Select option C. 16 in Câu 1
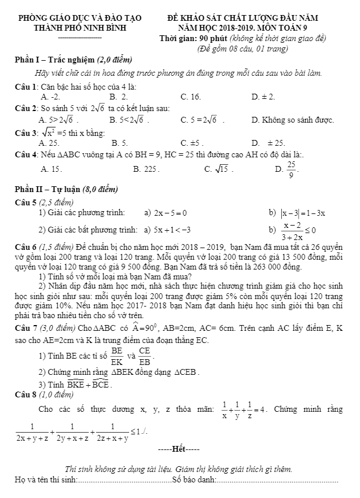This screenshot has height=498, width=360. (x=191, y=96)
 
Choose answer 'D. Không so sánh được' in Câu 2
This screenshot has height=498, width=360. (x=293, y=120)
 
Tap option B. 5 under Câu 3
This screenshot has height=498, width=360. (x=120, y=142)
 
